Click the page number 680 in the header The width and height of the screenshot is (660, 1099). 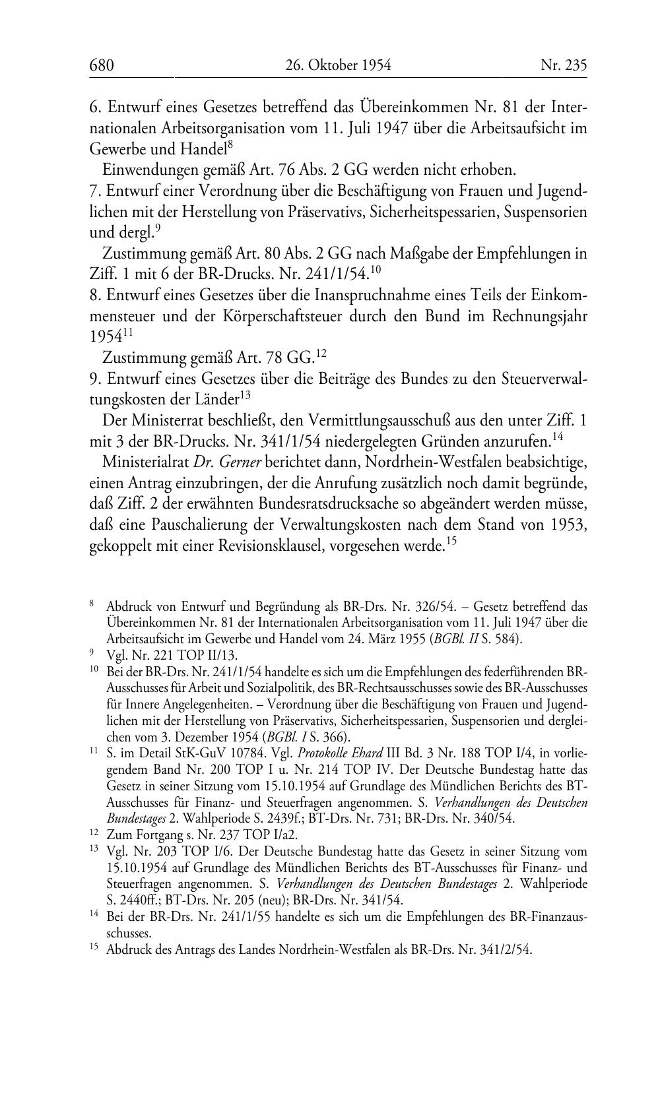[x=102, y=65]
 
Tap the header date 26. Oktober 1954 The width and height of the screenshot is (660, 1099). [x=339, y=65]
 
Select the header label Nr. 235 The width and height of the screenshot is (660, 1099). [x=563, y=65]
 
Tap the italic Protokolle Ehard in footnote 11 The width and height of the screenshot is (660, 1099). [x=345, y=753]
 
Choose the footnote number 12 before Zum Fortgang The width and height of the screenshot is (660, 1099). [x=93, y=834]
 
